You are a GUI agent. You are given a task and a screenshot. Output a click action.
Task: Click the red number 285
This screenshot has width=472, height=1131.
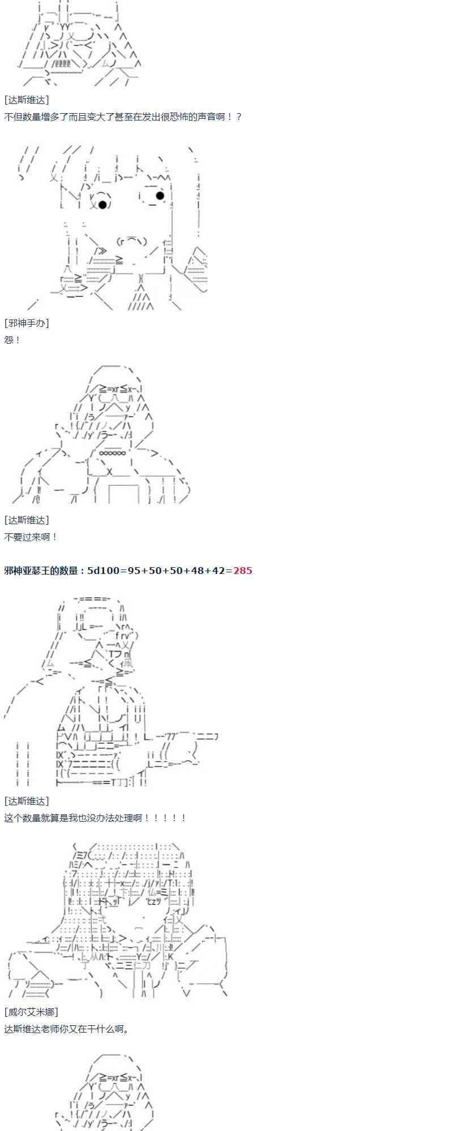point(243,571)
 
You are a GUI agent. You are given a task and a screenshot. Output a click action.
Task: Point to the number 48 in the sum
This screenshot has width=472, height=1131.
point(198,571)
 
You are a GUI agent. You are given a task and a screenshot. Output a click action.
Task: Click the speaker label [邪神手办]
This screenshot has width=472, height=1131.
point(27,323)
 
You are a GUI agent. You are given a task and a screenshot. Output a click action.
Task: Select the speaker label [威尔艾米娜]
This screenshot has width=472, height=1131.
point(31,1012)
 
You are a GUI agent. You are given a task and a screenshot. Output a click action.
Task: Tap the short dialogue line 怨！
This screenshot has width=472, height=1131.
point(12,340)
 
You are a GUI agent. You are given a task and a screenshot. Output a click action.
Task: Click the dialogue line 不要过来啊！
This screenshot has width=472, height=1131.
point(31,537)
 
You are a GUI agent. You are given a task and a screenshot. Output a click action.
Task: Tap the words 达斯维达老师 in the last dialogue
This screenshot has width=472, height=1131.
point(31,1029)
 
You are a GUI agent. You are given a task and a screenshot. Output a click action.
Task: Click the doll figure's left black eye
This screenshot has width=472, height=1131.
point(102,204)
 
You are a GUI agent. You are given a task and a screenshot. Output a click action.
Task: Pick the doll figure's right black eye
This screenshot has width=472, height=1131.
point(160,196)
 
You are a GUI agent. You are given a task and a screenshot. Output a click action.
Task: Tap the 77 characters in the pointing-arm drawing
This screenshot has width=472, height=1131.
point(171,736)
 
